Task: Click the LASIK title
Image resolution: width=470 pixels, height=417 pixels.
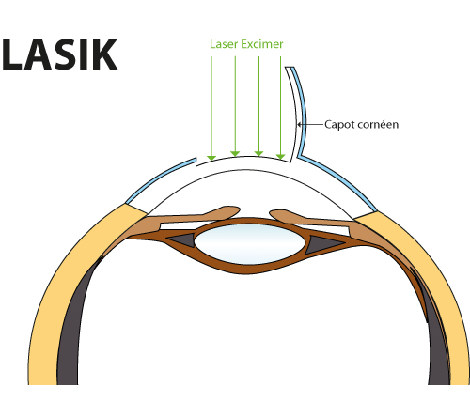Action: (59, 54)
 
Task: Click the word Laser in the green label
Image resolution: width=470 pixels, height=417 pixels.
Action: (224, 44)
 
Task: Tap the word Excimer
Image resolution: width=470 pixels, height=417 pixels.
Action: (262, 44)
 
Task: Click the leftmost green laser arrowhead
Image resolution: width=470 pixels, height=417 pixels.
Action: (211, 158)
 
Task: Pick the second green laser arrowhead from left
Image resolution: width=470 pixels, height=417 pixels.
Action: (235, 153)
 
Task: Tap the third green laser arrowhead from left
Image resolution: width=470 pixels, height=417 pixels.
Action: (258, 153)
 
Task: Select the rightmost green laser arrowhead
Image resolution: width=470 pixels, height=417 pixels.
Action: (280, 157)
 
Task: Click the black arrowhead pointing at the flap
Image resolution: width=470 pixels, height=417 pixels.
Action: (299, 124)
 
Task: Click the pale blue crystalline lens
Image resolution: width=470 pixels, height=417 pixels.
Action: (249, 244)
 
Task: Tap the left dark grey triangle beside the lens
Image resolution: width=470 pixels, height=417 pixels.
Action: (182, 239)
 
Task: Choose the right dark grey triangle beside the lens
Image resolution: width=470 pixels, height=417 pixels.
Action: (322, 244)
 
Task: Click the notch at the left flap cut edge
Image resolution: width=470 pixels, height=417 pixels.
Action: (196, 162)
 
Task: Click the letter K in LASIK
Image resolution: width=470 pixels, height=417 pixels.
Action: (104, 54)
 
